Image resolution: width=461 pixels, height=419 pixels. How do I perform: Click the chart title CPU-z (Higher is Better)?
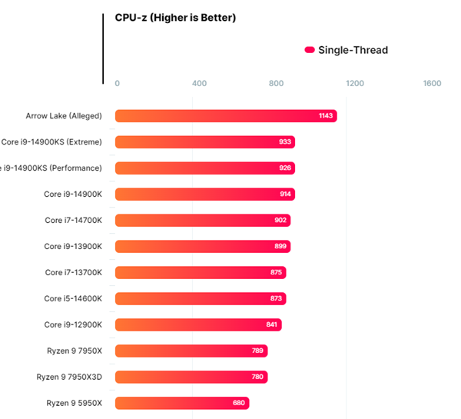[175, 18]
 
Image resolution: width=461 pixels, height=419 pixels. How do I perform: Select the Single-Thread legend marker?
[310, 50]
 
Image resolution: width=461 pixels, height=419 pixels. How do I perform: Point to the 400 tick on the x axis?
[199, 84]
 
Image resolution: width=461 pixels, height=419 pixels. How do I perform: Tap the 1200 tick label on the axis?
[354, 84]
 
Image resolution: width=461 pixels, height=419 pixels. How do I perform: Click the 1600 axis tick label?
[432, 84]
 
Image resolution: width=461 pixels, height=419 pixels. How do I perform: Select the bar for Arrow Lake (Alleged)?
[226, 116]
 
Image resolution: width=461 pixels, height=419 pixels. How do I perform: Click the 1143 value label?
[326, 116]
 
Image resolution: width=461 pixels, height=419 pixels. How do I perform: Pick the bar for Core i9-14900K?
[205, 195]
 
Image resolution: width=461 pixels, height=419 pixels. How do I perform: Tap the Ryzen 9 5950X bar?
[182, 403]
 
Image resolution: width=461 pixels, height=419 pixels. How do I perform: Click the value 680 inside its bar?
[240, 403]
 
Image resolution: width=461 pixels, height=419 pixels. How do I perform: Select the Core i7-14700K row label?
[79, 221]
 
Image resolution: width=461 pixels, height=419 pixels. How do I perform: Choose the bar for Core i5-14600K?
[201, 298]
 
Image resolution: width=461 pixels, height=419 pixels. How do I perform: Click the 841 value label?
[272, 324]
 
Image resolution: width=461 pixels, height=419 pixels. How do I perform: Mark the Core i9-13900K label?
[79, 247]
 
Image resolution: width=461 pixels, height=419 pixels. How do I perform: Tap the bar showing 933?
[205, 142]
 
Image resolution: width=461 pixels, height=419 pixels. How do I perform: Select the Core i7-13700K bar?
[201, 272]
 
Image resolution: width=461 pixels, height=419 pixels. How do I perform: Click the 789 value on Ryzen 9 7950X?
[258, 351]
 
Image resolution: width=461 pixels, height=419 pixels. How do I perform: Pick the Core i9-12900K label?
[79, 324]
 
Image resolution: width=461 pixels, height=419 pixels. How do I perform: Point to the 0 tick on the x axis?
[117, 84]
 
